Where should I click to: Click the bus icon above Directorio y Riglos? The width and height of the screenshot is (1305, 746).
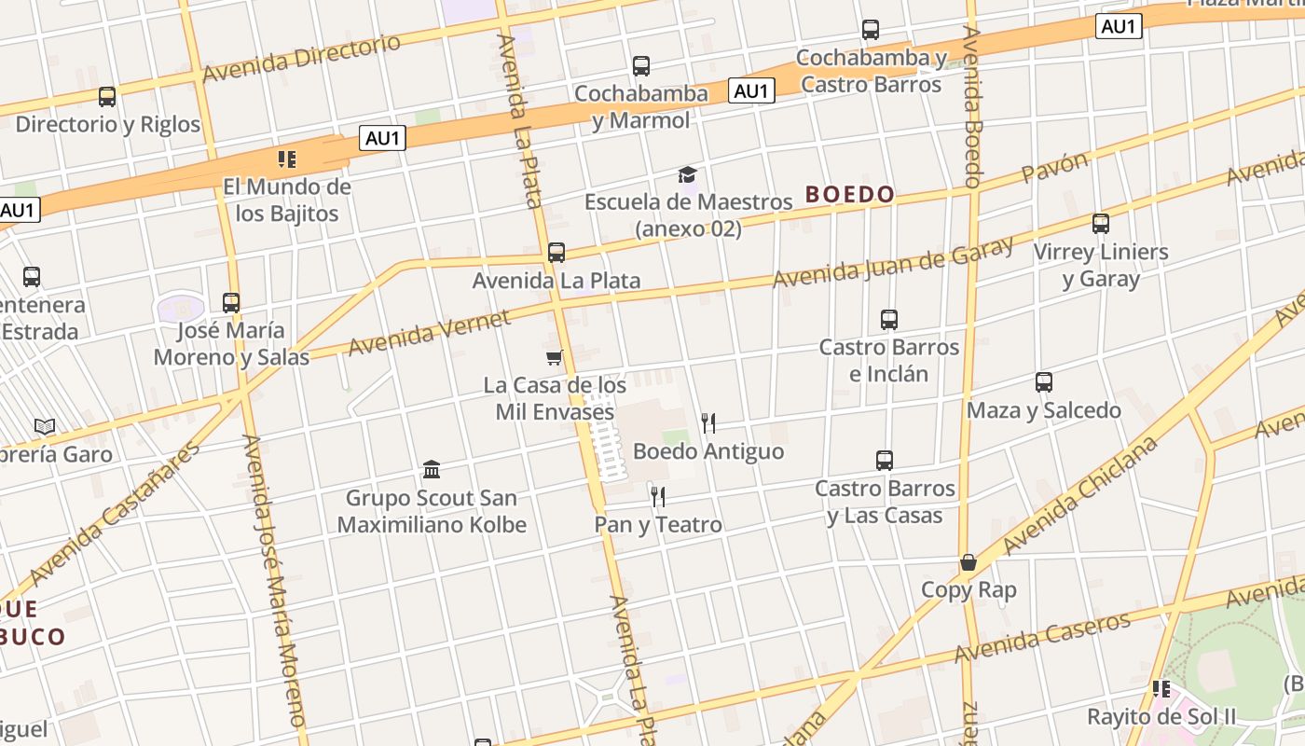107,96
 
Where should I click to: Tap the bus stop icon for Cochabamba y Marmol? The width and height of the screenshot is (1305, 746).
641,66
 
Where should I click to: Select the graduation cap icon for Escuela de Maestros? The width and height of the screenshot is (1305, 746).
687,174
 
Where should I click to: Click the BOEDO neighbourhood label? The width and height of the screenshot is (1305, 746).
849,195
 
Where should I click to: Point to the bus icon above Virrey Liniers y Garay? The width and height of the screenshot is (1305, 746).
1101,224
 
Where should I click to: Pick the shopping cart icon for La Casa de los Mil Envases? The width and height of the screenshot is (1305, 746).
555,357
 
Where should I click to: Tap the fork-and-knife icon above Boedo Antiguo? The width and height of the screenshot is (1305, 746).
708,423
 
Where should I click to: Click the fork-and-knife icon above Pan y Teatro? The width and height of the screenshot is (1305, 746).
658,497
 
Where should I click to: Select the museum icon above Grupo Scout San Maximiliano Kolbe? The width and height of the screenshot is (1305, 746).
432,469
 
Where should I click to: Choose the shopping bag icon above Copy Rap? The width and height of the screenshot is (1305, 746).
968,562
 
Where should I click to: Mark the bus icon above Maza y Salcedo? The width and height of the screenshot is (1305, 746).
1044,382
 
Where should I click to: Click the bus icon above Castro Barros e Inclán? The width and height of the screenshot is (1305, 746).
889,320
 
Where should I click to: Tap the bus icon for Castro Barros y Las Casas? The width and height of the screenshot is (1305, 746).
885,461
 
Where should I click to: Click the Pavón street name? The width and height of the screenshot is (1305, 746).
1055,168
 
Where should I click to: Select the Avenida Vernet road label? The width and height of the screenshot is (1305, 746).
430,333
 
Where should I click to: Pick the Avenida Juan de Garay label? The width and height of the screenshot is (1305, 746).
893,262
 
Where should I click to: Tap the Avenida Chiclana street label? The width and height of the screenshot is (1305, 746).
1081,494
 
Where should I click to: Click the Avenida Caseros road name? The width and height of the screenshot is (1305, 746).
1043,637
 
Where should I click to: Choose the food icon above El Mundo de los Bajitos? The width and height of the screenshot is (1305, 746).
287,159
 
